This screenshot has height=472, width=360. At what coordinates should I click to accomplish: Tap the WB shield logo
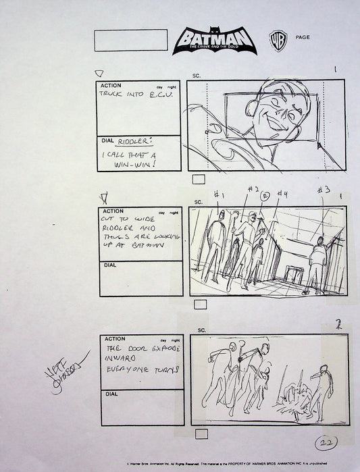(276, 38)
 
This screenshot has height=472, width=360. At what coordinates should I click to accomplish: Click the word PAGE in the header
(303, 37)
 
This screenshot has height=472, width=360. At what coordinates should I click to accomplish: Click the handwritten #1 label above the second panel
(218, 196)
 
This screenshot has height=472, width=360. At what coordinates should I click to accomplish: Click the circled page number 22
(326, 444)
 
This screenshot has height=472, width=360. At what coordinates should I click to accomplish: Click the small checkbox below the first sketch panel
(199, 180)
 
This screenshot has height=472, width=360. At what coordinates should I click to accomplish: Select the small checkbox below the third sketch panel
(199, 434)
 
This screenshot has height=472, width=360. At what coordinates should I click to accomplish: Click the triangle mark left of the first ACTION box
(99, 74)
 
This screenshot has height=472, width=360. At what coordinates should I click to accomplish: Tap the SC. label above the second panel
(199, 202)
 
